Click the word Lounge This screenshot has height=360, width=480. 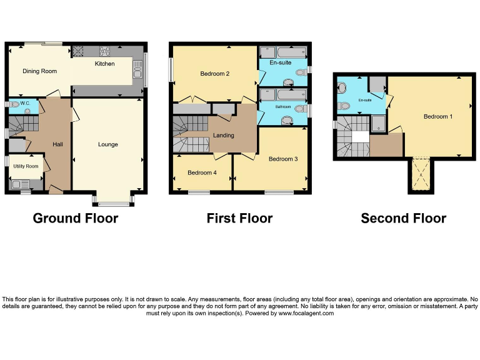(x=107, y=144)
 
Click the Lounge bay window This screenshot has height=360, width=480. (x=112, y=202)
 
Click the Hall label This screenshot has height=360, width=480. (x=57, y=144)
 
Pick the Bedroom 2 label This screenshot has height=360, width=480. (x=214, y=74)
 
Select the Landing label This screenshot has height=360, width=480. (x=223, y=135)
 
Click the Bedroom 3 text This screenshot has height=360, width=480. (x=282, y=159)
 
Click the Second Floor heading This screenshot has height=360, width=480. (x=403, y=218)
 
